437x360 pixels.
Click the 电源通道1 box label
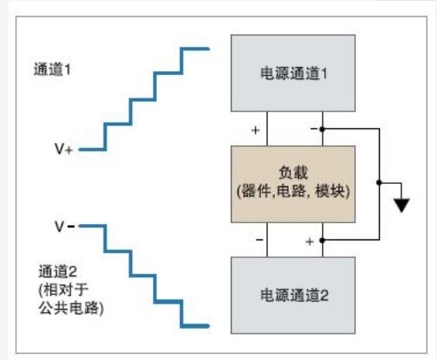pyautogui.click(x=293, y=73)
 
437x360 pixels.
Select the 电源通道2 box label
pyautogui.click(x=294, y=295)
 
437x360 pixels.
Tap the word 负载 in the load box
pyautogui.click(x=293, y=172)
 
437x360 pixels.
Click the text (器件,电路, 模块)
pyautogui.click(x=293, y=192)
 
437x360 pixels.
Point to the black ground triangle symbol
pyautogui.click(x=401, y=205)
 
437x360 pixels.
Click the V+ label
pyautogui.click(x=63, y=148)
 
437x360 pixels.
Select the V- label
pyautogui.click(x=64, y=226)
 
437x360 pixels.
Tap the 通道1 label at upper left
pyautogui.click(x=53, y=70)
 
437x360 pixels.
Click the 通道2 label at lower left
pyautogui.click(x=58, y=271)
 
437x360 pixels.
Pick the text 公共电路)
pyautogui.click(x=71, y=308)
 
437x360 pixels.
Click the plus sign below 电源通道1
pyautogui.click(x=256, y=130)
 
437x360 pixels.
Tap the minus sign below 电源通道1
pyautogui.click(x=313, y=128)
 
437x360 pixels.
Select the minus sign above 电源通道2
pyautogui.click(x=259, y=239)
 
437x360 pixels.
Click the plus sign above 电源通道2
pyautogui.click(x=310, y=242)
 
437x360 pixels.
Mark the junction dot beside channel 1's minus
pyautogui.click(x=322, y=129)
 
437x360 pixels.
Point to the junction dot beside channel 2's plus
pyautogui.click(x=322, y=240)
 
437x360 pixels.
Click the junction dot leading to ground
pyautogui.click(x=379, y=182)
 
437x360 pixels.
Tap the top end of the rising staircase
pyautogui.click(x=208, y=49)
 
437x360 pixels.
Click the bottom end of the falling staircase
pyautogui.click(x=208, y=326)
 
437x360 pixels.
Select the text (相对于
pyautogui.click(x=63, y=290)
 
